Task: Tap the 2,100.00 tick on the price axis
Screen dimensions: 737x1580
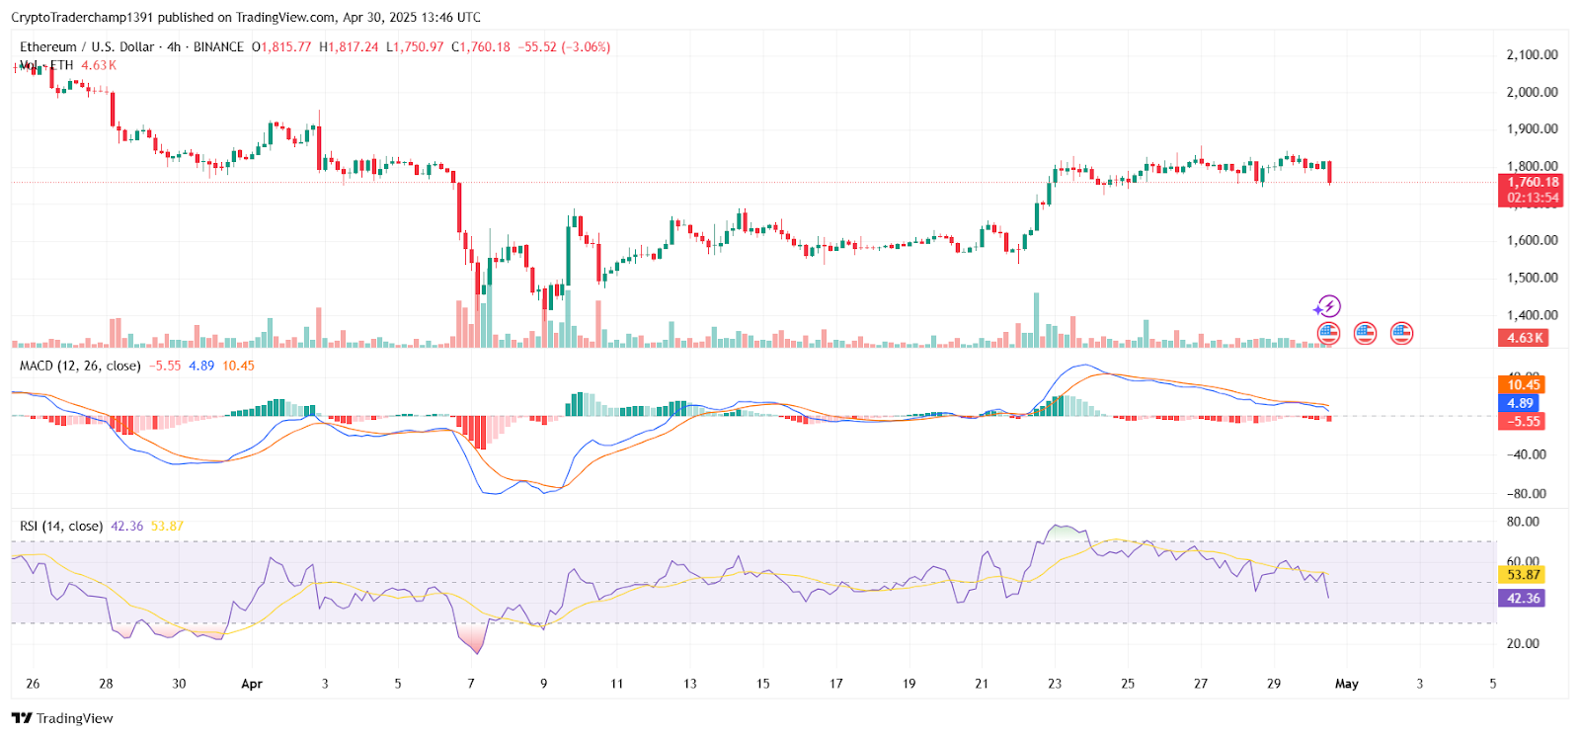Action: pyautogui.click(x=1532, y=54)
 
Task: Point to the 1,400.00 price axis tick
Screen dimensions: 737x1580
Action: pyautogui.click(x=1532, y=315)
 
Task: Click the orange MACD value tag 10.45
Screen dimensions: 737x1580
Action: pyautogui.click(x=1523, y=384)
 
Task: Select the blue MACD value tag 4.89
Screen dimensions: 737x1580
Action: pyautogui.click(x=1520, y=403)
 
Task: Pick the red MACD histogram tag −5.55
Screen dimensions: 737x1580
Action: pyautogui.click(x=1521, y=421)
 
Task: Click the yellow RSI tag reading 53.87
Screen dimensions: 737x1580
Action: pyautogui.click(x=1523, y=574)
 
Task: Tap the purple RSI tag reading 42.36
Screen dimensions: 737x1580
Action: pyautogui.click(x=1523, y=598)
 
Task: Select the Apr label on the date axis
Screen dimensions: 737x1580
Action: pyautogui.click(x=252, y=684)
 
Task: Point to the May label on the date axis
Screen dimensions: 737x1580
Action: pyautogui.click(x=1347, y=684)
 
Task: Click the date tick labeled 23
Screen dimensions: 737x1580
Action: pyautogui.click(x=1055, y=684)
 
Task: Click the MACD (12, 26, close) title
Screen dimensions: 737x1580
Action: pyautogui.click(x=80, y=366)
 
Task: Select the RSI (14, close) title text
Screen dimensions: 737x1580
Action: pyautogui.click(x=61, y=526)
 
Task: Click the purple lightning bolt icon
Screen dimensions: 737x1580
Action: pyautogui.click(x=1328, y=306)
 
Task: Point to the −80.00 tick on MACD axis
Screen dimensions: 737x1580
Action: pyautogui.click(x=1526, y=493)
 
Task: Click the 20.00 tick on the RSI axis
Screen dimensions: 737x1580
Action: pyautogui.click(x=1523, y=643)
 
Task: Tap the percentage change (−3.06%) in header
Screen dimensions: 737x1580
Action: pyautogui.click(x=586, y=46)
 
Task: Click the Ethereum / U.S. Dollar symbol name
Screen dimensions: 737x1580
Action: pyautogui.click(x=87, y=46)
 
